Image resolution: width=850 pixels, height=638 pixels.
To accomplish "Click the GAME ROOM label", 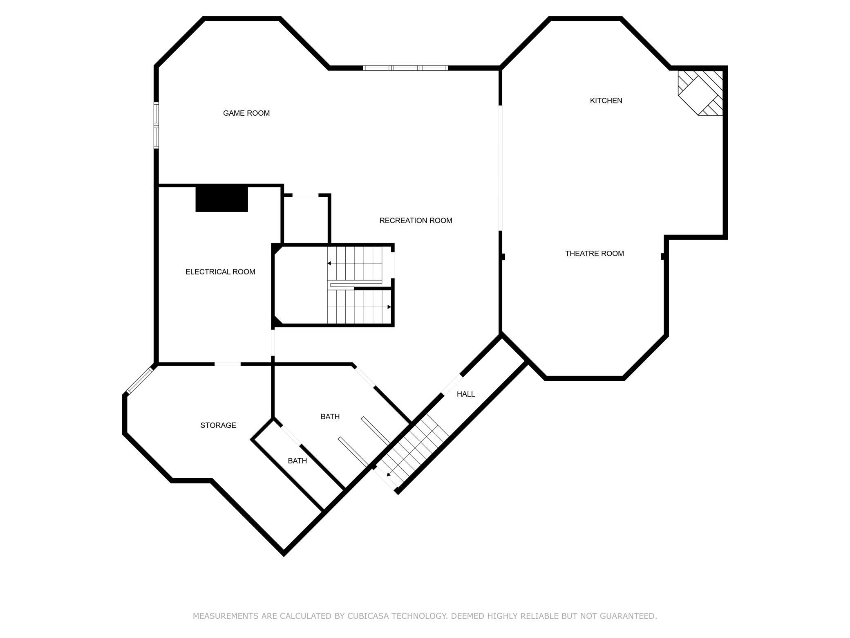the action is [x=246, y=113].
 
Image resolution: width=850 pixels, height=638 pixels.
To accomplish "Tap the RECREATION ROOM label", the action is [x=416, y=221].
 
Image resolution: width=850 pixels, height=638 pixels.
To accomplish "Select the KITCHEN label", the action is [x=606, y=101].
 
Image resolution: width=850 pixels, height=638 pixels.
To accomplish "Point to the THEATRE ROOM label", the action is [x=595, y=254].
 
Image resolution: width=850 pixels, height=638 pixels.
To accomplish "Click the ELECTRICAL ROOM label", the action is [x=220, y=272].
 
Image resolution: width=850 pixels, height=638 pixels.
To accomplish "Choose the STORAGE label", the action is [x=218, y=425].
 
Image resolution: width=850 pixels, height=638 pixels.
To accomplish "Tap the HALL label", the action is [x=466, y=394].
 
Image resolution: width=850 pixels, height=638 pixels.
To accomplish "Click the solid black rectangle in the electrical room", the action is [x=222, y=199].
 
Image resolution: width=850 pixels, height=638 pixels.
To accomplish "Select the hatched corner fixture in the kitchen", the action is [x=700, y=93].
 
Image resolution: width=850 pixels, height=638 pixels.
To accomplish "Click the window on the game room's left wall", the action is [x=156, y=125].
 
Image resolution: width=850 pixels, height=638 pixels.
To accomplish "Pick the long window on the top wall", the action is [x=406, y=68].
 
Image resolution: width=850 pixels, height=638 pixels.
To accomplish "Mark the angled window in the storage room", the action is [x=140, y=381].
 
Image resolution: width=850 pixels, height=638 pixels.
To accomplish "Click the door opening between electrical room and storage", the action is [x=228, y=364].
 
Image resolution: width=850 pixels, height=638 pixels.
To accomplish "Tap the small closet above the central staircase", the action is [x=306, y=220].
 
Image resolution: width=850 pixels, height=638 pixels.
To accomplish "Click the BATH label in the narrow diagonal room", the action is [x=297, y=461].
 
